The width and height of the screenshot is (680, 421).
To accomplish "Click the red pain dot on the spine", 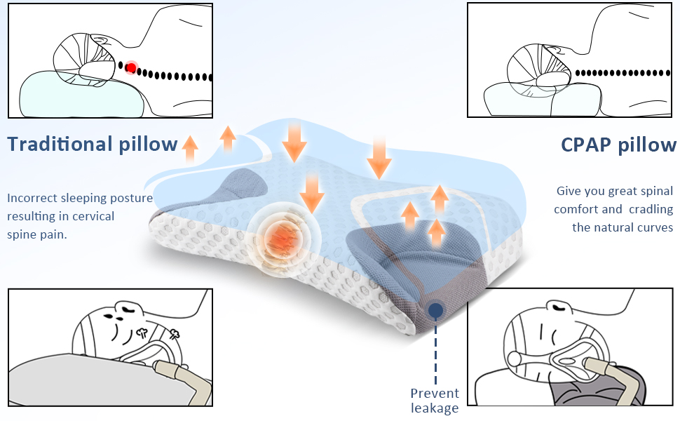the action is (130, 68).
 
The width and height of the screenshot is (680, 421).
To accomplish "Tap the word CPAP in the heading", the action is (586, 145).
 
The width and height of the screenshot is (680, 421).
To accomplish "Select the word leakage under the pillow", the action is (435, 408).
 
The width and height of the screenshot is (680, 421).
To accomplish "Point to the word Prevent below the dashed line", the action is (435, 393).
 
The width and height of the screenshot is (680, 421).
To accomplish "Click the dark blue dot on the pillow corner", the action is (435, 309).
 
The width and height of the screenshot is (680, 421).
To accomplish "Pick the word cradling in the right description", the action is (649, 209).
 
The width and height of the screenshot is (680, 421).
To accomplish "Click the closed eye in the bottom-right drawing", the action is (560, 306).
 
